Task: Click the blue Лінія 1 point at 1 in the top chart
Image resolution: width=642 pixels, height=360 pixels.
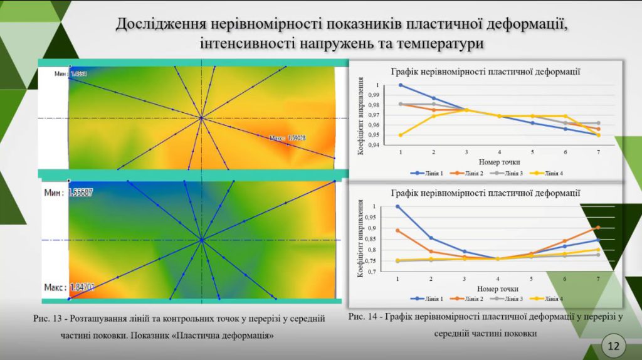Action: [401, 85]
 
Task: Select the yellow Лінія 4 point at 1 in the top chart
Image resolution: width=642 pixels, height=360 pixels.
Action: [401, 135]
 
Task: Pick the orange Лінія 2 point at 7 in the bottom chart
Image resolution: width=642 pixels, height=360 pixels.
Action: [598, 228]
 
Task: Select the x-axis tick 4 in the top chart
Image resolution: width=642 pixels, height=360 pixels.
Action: [499, 152]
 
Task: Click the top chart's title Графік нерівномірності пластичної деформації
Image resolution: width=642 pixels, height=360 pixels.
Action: [485, 71]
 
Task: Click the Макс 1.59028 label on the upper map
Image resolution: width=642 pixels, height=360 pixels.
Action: [287, 137]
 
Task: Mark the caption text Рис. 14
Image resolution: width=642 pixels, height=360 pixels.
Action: [362, 317]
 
